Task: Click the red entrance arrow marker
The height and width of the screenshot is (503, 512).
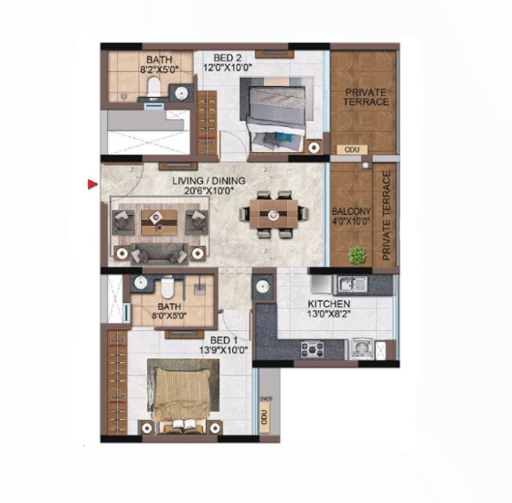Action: (x=92, y=184)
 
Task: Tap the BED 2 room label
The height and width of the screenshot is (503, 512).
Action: (x=228, y=58)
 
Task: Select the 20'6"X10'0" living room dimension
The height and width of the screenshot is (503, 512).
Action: (x=209, y=191)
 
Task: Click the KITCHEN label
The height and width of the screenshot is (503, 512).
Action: (x=329, y=304)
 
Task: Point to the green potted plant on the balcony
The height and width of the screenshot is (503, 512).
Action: (x=357, y=254)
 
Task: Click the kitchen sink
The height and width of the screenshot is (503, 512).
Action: (x=352, y=284)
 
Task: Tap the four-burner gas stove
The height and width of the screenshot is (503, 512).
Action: (x=312, y=349)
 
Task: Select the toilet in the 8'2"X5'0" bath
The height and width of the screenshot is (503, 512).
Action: (x=153, y=86)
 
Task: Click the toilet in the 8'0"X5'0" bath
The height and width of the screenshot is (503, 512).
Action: (x=167, y=287)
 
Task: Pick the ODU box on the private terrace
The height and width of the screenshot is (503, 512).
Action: (x=352, y=150)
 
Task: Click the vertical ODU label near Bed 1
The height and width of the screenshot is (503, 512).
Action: (x=264, y=418)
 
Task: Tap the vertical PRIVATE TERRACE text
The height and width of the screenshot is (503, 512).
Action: (x=386, y=216)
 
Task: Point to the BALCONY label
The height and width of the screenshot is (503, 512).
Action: (x=351, y=211)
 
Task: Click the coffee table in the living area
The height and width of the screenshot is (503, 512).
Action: (x=159, y=222)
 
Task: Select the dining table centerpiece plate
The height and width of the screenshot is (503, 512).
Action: (x=273, y=215)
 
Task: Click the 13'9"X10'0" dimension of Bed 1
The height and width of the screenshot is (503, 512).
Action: (x=224, y=350)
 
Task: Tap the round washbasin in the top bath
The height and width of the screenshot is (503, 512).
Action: (x=181, y=93)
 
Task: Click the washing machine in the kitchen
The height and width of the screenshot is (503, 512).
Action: (x=362, y=349)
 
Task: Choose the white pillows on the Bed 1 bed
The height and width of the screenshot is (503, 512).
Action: (x=184, y=424)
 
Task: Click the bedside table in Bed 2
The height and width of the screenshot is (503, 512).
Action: (x=315, y=147)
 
